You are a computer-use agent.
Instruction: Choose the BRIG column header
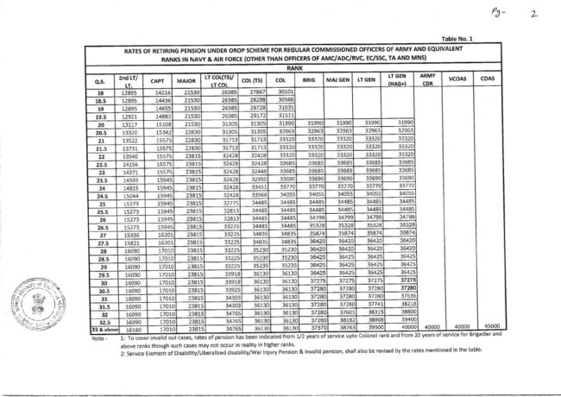point(310,79)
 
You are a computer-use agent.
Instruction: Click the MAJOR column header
point(186,80)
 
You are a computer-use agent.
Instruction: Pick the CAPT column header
point(157,80)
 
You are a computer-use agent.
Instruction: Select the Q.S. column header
point(99,80)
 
